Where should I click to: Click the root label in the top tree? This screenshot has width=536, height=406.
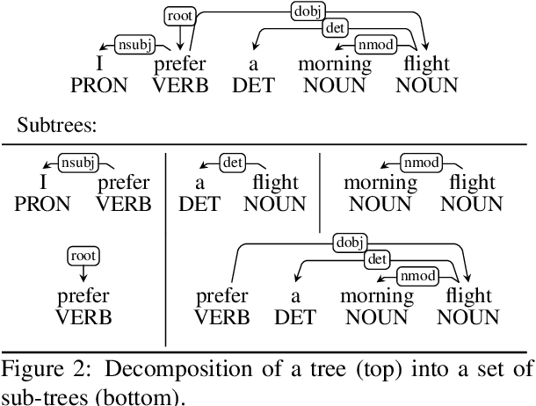tap(180, 16)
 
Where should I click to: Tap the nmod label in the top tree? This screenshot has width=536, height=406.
tap(374, 43)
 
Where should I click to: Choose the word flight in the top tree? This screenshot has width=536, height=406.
tap(426, 64)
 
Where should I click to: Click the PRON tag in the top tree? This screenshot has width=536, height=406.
tap(98, 85)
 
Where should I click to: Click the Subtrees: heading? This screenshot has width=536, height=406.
tap(58, 126)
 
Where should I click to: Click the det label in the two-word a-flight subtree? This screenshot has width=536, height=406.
tap(232, 162)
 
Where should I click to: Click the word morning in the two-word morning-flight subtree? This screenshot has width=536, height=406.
tap(380, 184)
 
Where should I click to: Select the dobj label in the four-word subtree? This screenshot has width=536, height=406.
tap(350, 242)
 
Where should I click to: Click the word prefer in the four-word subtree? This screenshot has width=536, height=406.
tap(221, 296)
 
